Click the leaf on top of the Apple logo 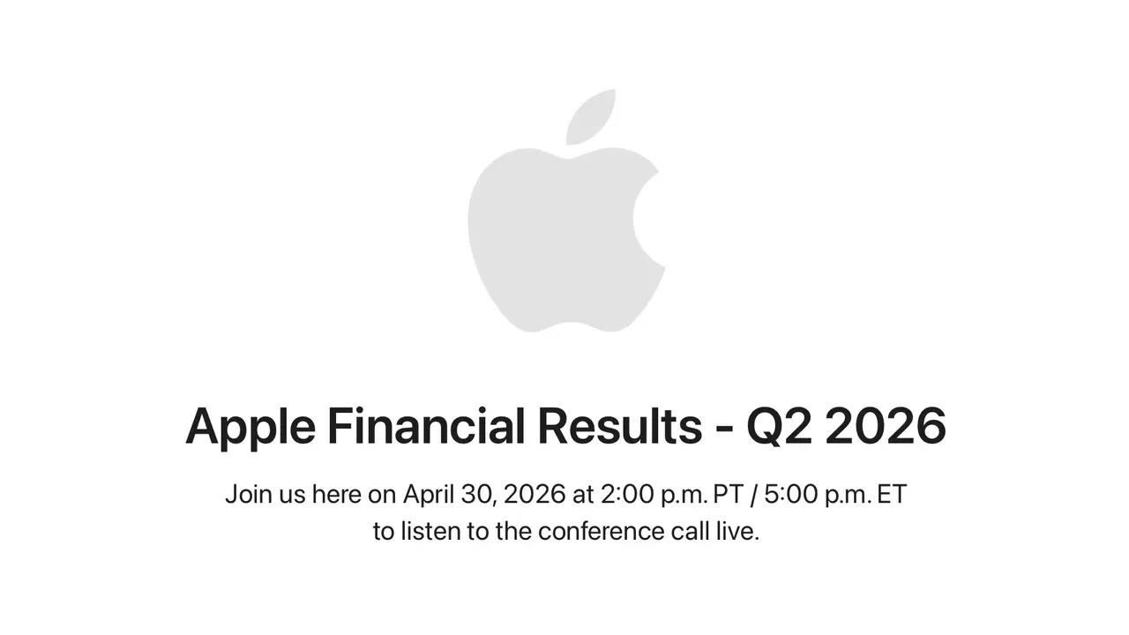[591, 116]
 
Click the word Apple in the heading [250, 427]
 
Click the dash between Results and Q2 [723, 429]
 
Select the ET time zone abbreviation [892, 494]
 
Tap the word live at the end [739, 532]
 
